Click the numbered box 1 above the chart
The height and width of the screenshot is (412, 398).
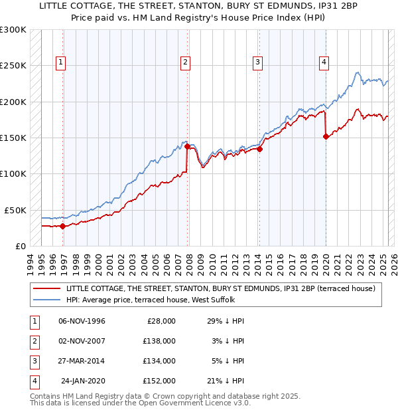pos(60,63)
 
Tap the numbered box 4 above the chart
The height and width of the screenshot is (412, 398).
pos(324,63)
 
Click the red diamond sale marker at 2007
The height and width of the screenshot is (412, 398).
pos(187,146)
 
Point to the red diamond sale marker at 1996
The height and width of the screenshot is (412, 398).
pos(63,226)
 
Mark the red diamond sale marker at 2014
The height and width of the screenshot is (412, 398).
pos(260,150)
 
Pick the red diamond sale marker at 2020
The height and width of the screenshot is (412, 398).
pos(326,137)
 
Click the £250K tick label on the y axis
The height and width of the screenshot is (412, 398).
pos(13,66)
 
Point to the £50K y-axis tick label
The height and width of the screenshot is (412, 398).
pos(16,210)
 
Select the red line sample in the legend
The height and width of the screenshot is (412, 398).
pos(47,288)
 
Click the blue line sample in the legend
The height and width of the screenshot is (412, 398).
pos(47,300)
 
